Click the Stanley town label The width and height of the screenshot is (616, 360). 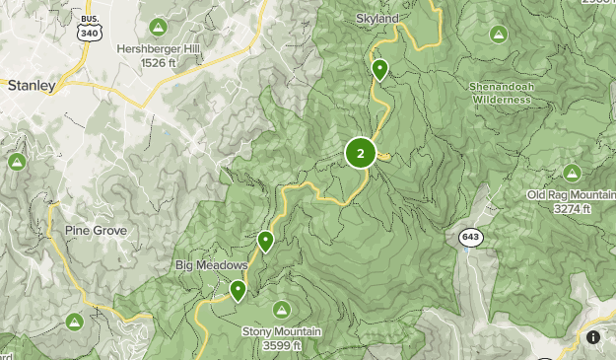pyautogui.click(x=30, y=86)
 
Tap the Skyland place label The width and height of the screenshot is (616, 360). pyautogui.click(x=379, y=19)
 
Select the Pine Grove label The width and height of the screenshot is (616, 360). pyautogui.click(x=96, y=230)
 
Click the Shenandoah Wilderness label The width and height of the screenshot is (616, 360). pyautogui.click(x=502, y=93)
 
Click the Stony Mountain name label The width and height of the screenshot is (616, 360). pyautogui.click(x=282, y=331)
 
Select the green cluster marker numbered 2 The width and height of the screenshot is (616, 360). pyautogui.click(x=360, y=153)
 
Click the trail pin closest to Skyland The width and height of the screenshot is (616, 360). pyautogui.click(x=379, y=70)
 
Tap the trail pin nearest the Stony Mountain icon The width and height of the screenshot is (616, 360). pyautogui.click(x=238, y=290)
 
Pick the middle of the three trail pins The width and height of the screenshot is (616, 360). pyautogui.click(x=264, y=241)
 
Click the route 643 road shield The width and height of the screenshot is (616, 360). pyautogui.click(x=469, y=237)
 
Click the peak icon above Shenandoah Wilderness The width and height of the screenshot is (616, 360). pyautogui.click(x=499, y=35)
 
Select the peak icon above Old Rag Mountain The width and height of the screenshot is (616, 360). pyautogui.click(x=573, y=172)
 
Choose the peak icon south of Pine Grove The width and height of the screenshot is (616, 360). pyautogui.click(x=74, y=321)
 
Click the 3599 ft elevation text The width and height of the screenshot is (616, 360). pyautogui.click(x=282, y=345)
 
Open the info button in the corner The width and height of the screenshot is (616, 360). pyautogui.click(x=593, y=337)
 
